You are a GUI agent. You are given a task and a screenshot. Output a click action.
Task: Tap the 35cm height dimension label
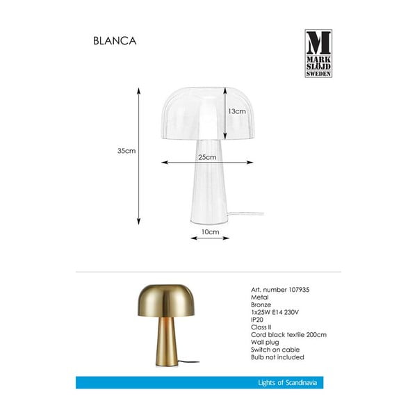(x=126, y=151)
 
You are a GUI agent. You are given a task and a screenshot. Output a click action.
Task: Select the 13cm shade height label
(x=237, y=111)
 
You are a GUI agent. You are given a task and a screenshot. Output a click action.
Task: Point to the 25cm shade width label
(x=206, y=157)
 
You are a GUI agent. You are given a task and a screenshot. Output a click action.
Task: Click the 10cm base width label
(x=211, y=231)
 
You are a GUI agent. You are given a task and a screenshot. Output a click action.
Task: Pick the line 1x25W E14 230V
(x=273, y=313)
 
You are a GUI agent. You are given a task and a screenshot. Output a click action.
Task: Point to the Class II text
(x=260, y=329)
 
